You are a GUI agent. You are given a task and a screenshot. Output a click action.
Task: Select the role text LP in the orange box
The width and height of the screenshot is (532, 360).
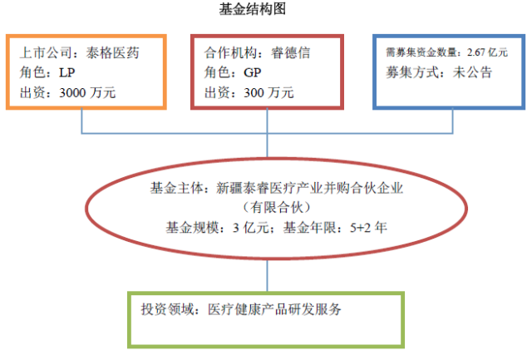(66, 72)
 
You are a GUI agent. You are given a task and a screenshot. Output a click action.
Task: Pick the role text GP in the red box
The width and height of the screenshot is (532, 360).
(253, 72)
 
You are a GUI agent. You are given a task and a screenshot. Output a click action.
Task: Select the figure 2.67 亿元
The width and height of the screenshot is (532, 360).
(487, 52)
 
